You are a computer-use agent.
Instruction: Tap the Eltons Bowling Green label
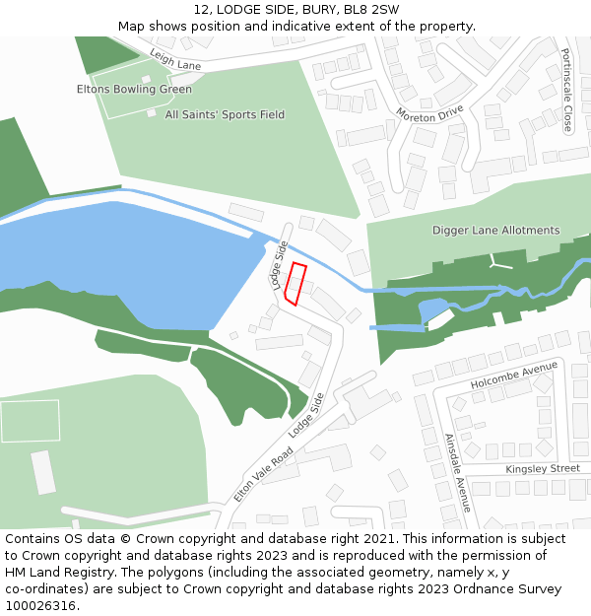click(x=134, y=90)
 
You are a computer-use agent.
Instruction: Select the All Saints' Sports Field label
click(x=225, y=115)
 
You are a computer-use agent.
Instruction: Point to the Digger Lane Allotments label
click(x=495, y=231)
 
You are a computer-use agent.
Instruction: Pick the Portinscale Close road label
click(x=566, y=91)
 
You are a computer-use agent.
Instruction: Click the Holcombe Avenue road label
click(x=513, y=376)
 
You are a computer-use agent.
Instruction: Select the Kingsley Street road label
click(x=543, y=469)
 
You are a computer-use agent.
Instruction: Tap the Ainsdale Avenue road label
click(x=457, y=472)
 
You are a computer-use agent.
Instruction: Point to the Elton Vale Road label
click(x=263, y=474)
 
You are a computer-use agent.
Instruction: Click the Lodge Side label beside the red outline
click(x=279, y=261)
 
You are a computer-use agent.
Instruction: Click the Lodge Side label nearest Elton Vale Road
click(x=306, y=415)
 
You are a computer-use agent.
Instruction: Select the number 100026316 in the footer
click(x=39, y=606)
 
